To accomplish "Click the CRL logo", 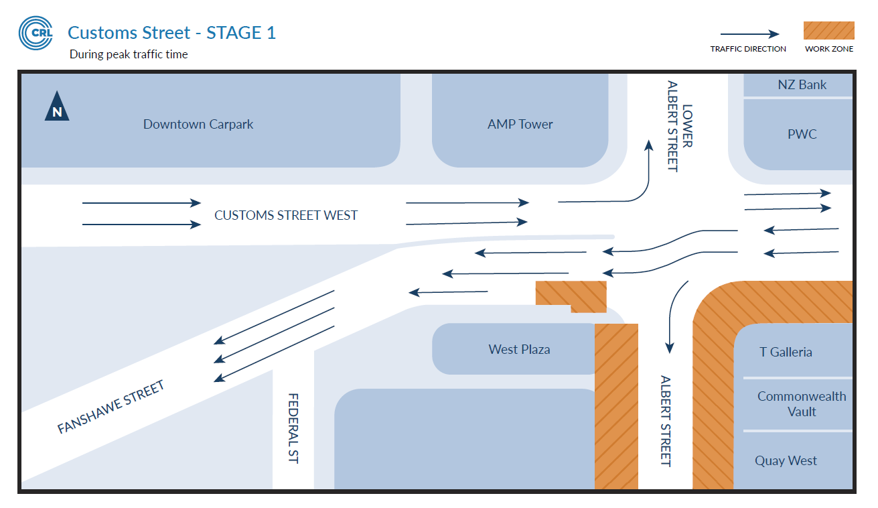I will [x=35, y=33].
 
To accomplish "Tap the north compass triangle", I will [x=57, y=108].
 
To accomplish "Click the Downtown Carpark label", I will [x=198, y=124].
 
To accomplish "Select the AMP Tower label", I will [x=520, y=124].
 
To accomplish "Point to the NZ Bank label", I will [x=802, y=84].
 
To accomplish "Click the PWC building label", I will [x=802, y=134].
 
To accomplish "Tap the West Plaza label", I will [x=519, y=349].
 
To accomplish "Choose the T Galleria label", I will [x=786, y=352].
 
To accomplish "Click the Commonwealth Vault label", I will [x=802, y=403].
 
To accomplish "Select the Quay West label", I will [x=786, y=460].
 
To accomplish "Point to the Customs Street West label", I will [x=286, y=215].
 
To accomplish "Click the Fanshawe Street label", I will [x=111, y=407].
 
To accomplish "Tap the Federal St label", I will [x=293, y=428].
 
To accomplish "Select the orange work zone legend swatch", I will [x=828, y=31].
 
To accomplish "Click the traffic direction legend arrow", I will [x=749, y=34].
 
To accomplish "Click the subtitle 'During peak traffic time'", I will [x=129, y=54].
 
